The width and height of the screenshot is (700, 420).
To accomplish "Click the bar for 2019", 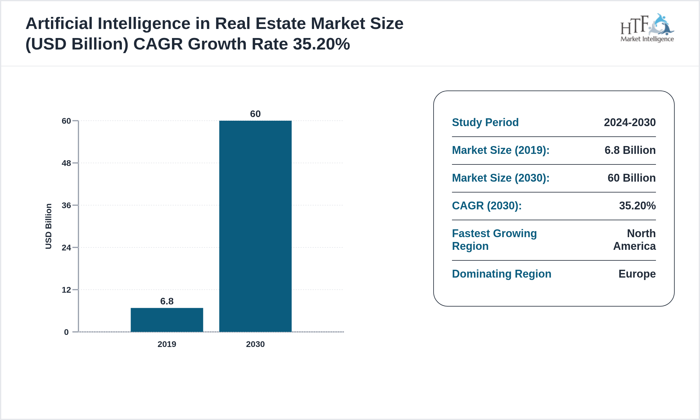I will click(167, 320).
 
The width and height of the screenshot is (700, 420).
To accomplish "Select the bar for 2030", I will click(255, 226).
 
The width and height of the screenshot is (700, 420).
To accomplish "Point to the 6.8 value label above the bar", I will click(167, 301).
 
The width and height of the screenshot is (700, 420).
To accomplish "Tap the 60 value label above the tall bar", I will click(255, 114).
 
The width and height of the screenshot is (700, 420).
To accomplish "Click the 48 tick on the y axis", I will click(66, 163).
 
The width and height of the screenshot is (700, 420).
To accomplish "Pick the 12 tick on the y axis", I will click(66, 290).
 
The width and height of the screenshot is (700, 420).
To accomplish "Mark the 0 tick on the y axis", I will click(66, 332).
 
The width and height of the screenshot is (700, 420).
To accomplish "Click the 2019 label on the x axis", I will click(167, 344).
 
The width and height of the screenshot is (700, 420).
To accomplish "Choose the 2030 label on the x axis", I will click(255, 344).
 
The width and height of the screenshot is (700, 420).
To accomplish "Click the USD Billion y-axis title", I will click(49, 226).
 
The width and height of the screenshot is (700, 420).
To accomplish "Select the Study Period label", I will click(485, 122).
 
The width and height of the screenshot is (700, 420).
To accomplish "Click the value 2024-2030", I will click(630, 122).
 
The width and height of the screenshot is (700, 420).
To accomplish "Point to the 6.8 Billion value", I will click(630, 150).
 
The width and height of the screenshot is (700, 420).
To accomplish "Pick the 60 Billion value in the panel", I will click(632, 178).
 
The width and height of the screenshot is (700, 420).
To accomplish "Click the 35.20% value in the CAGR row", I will click(637, 206).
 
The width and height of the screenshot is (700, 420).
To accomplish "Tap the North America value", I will click(635, 240).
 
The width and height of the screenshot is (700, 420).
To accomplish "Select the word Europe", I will click(637, 274).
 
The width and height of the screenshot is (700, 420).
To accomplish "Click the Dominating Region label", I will click(501, 274).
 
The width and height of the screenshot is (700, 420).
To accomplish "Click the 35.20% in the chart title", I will click(321, 44).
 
